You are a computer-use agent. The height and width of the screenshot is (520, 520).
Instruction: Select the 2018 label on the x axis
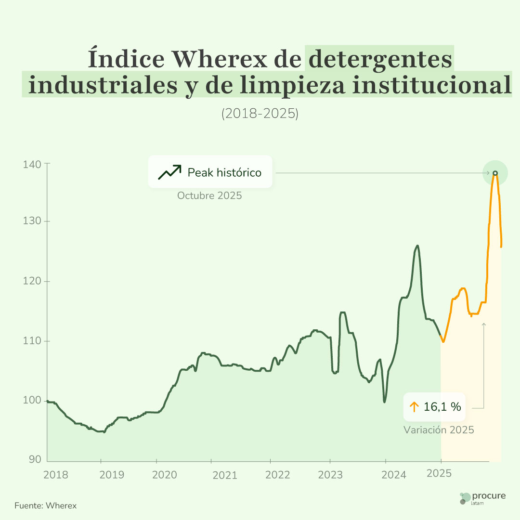[x=56, y=475]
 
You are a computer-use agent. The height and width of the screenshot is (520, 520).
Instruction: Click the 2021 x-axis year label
[x=224, y=475]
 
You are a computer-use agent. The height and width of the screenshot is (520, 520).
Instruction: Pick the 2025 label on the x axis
[x=439, y=473]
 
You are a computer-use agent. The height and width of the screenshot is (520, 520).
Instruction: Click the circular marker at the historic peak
[x=495, y=173]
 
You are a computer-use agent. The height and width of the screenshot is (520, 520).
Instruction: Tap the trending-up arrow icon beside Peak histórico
[x=169, y=172]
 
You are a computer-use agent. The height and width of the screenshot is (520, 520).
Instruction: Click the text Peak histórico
[x=224, y=172]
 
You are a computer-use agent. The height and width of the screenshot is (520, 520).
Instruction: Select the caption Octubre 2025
[x=209, y=196]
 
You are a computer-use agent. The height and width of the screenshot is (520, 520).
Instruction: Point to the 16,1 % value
[x=442, y=407]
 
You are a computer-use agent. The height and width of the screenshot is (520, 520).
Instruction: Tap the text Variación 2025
[x=439, y=430]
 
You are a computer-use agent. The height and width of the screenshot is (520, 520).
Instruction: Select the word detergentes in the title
[x=380, y=59]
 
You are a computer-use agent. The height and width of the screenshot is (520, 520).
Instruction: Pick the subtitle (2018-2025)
[x=260, y=114]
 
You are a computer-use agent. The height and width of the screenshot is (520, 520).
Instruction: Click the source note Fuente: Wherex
[x=45, y=506]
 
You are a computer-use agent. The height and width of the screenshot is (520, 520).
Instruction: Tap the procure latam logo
[x=482, y=498]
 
